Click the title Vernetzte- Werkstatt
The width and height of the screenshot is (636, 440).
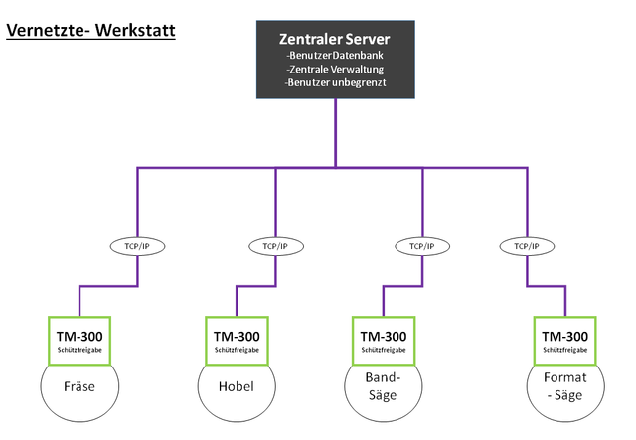[x=90, y=31]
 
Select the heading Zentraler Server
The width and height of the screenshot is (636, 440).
[x=335, y=39]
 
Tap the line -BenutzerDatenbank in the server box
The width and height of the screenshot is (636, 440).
[x=335, y=56]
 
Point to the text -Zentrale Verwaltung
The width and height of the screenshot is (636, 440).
[x=335, y=69]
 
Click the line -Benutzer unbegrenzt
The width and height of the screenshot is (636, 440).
[x=335, y=82]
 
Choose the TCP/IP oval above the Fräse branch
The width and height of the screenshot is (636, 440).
[x=137, y=246]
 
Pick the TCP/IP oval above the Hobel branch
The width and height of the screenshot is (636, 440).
[x=276, y=246]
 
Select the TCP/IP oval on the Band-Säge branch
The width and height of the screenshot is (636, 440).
[x=422, y=246]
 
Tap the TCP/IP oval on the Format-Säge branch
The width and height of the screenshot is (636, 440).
[x=527, y=246]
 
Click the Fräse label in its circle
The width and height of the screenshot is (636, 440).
[x=79, y=386]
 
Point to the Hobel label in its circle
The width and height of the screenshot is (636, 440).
[x=237, y=386]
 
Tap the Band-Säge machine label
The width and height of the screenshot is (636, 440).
[x=383, y=386]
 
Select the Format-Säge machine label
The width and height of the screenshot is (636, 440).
[x=565, y=386]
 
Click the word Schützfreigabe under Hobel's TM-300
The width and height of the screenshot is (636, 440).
[x=237, y=350]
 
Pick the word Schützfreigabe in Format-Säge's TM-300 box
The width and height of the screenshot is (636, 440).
[x=565, y=350]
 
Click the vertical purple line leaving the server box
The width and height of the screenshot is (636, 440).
[x=336, y=133]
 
